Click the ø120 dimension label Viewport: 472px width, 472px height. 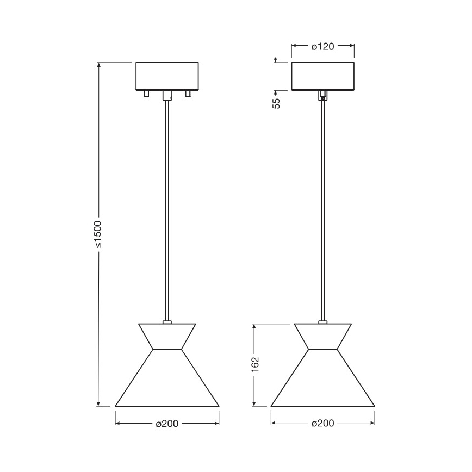(322, 47)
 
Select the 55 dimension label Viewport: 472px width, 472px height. (276, 103)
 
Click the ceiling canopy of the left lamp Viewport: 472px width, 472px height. (167, 76)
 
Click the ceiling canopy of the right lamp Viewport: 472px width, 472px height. (322, 76)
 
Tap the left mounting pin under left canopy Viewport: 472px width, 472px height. (145, 94)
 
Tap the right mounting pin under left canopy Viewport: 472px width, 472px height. (188, 94)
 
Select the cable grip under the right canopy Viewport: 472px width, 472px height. (323, 96)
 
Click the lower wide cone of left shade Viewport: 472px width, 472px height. (167, 381)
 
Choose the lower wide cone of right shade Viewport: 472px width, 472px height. (322, 381)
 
